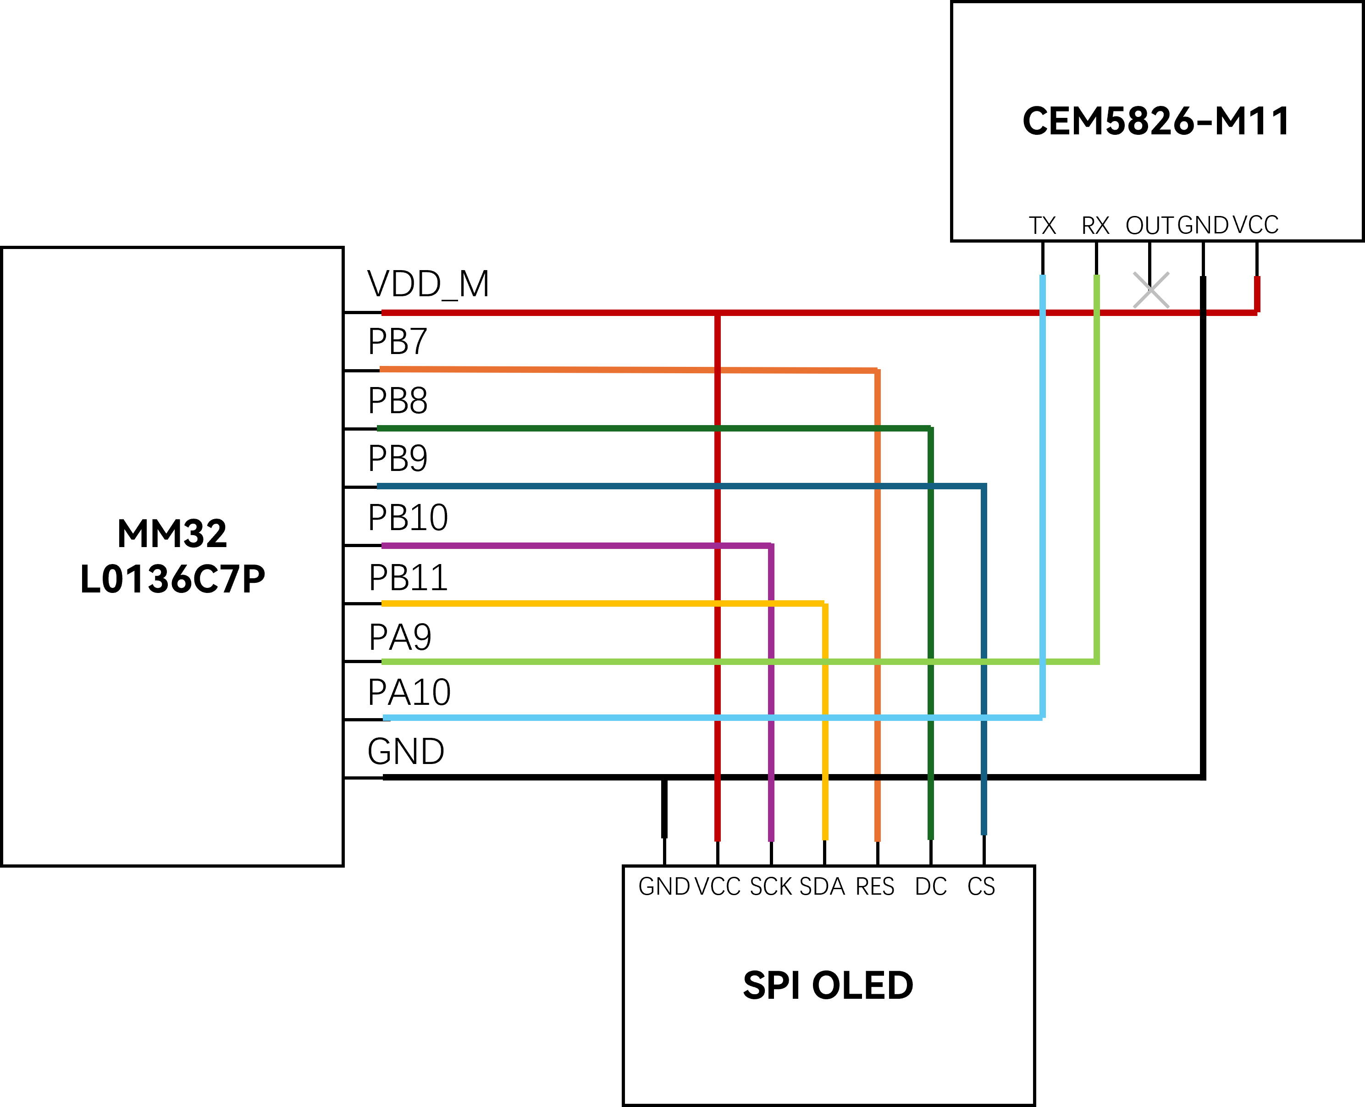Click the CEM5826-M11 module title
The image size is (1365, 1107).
[x=1156, y=121]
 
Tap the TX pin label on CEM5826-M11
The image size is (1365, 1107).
[x=1042, y=226]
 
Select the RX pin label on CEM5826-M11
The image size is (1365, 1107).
[x=1095, y=226]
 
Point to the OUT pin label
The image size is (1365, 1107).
[x=1149, y=226]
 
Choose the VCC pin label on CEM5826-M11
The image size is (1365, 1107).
[x=1255, y=225]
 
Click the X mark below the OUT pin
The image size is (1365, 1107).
[x=1151, y=290]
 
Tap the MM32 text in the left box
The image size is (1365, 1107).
[x=172, y=534]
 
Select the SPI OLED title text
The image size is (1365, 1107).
[x=828, y=985]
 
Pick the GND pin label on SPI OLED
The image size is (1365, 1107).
[x=663, y=887]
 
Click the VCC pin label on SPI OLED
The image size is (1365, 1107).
[x=717, y=887]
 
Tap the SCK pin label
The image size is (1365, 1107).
[x=770, y=887]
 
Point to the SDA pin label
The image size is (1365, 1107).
[x=822, y=887]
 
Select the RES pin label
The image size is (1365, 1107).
[x=875, y=887]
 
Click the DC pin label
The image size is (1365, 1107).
[x=931, y=887]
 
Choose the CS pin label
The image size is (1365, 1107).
[x=981, y=887]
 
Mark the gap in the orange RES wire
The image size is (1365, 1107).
[x=878, y=777]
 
